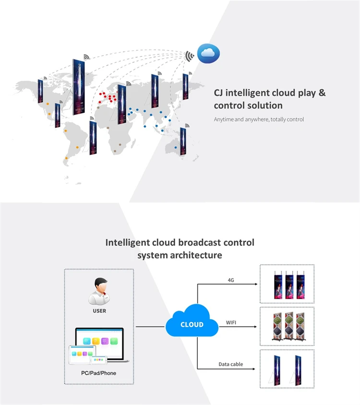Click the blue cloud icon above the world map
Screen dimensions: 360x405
pos(208,53)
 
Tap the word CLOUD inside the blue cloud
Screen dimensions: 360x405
pos(192,324)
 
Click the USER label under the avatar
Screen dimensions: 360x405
pos(99,311)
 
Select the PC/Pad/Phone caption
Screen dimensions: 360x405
pos(98,373)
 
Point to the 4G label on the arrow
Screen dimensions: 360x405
pos(231,280)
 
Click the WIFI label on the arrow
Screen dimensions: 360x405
pos(231,322)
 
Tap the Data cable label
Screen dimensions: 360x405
pos(231,364)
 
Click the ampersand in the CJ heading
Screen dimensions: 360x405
pos(322,93)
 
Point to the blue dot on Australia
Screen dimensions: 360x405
pos(176,147)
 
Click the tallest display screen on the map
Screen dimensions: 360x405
pos(79,87)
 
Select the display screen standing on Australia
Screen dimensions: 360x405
pos(183,141)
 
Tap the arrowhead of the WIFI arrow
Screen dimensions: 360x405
pos(255,327)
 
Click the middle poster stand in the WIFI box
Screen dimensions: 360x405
pos(289,326)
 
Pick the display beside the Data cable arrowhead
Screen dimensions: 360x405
pos(276,370)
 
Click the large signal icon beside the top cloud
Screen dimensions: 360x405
pos(190,56)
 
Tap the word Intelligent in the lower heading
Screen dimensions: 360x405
pos(128,243)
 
